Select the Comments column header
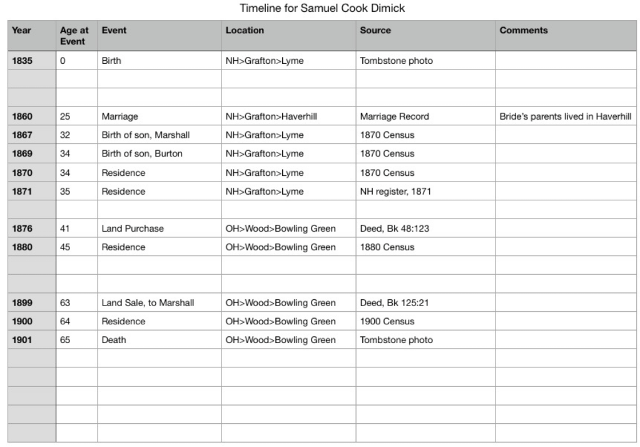coord(524,30)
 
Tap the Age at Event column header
coord(74,36)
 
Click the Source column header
coord(375,30)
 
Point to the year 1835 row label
coord(23,61)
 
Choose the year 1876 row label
coord(23,229)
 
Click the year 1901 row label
coord(23,340)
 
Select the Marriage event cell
coord(119,116)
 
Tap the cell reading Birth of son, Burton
coord(142,153)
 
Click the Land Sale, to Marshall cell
coord(148,303)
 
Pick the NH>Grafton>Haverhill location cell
coord(272,116)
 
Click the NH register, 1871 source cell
coord(395,192)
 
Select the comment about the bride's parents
coord(566,116)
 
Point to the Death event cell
coord(114,340)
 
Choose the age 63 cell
coord(65,303)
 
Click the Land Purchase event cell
coord(133,229)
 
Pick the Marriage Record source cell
coord(395,116)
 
